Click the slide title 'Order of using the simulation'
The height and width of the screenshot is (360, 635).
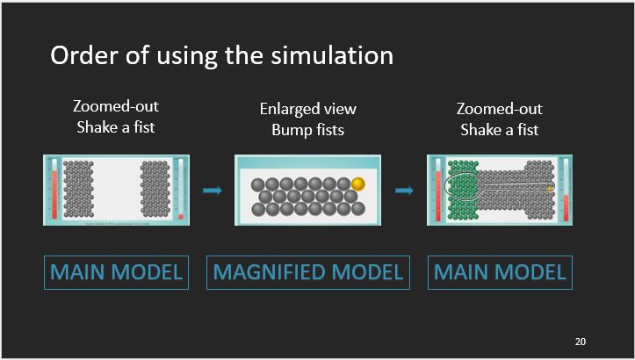(x=221, y=55)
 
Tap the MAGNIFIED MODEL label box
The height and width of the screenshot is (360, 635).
(x=307, y=272)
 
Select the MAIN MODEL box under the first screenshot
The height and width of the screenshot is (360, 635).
(x=116, y=272)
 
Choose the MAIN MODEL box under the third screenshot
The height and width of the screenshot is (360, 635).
(x=500, y=272)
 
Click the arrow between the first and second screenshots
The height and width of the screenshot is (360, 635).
(x=212, y=190)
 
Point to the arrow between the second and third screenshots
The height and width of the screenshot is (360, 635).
(x=404, y=190)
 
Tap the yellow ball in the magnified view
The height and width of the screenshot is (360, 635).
(x=357, y=184)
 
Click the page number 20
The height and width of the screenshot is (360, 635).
(x=581, y=341)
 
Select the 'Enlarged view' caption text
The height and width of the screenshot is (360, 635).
(x=307, y=110)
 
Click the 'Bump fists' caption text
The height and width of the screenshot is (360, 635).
(x=307, y=131)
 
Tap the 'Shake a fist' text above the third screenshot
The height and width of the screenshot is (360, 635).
(x=500, y=130)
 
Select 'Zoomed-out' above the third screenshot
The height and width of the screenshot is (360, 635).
(x=500, y=109)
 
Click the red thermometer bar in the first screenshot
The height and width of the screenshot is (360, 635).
(x=54, y=193)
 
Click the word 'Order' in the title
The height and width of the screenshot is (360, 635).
(x=80, y=55)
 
